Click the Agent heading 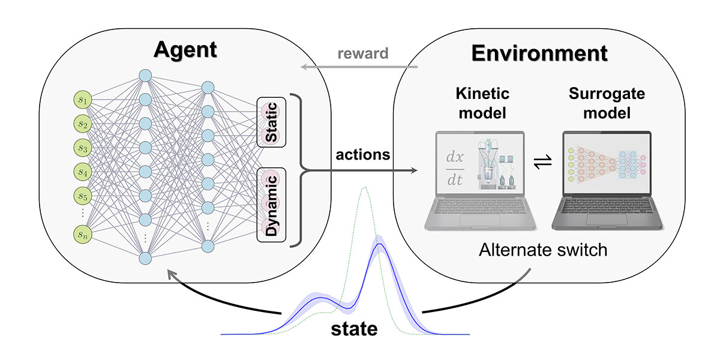(184, 51)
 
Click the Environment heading (539, 53)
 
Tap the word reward (363, 53)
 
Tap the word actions (364, 155)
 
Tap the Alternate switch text (543, 249)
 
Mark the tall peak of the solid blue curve (379, 242)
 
